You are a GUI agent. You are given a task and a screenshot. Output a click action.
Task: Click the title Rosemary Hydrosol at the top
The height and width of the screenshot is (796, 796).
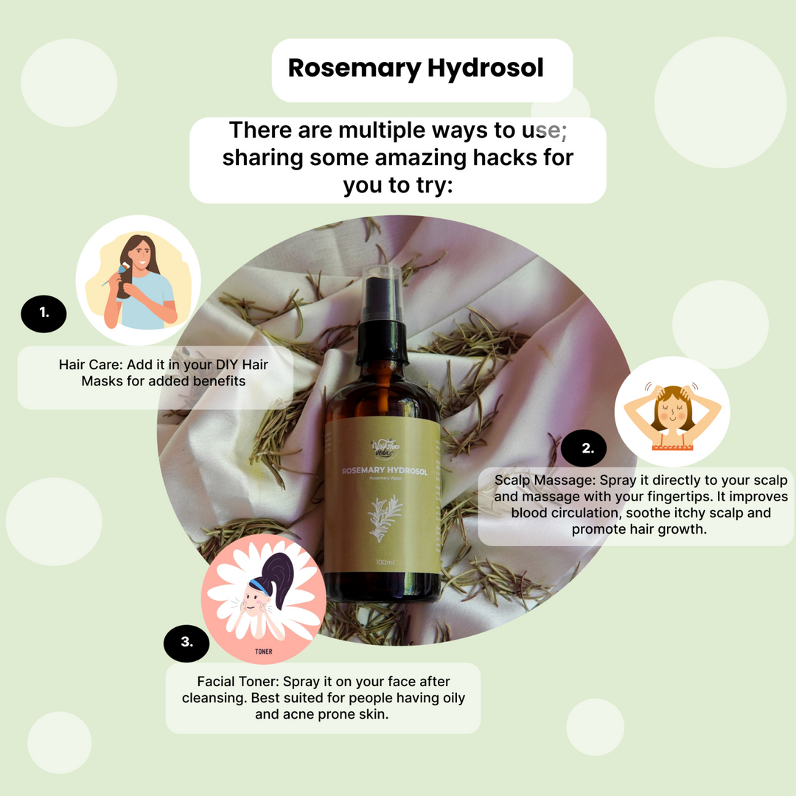(416, 68)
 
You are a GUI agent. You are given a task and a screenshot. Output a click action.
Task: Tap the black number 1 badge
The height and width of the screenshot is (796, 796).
(43, 312)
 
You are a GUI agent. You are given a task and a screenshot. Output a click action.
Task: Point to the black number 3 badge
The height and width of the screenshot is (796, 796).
(186, 641)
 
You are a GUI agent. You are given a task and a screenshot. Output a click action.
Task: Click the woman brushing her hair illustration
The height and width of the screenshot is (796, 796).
(139, 281)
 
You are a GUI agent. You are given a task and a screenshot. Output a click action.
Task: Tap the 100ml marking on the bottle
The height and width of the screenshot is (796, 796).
(385, 562)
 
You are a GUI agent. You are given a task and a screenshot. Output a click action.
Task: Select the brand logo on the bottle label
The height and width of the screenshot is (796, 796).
(384, 448)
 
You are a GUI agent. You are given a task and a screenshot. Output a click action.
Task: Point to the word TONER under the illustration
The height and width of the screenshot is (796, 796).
(263, 652)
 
